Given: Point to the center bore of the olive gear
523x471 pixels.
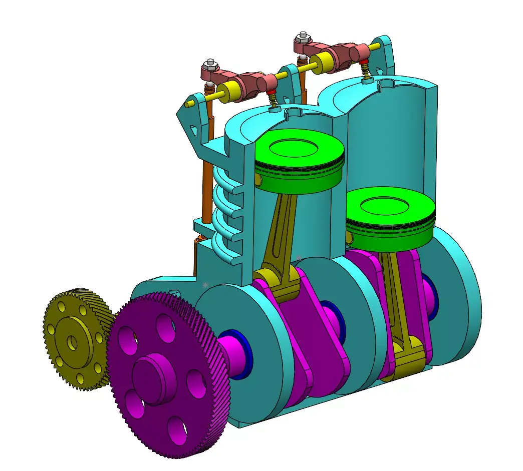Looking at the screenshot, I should coord(73,342).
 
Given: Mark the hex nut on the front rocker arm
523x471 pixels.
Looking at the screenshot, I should coord(209,65).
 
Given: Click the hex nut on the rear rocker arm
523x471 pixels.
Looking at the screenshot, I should coord(302,37).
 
